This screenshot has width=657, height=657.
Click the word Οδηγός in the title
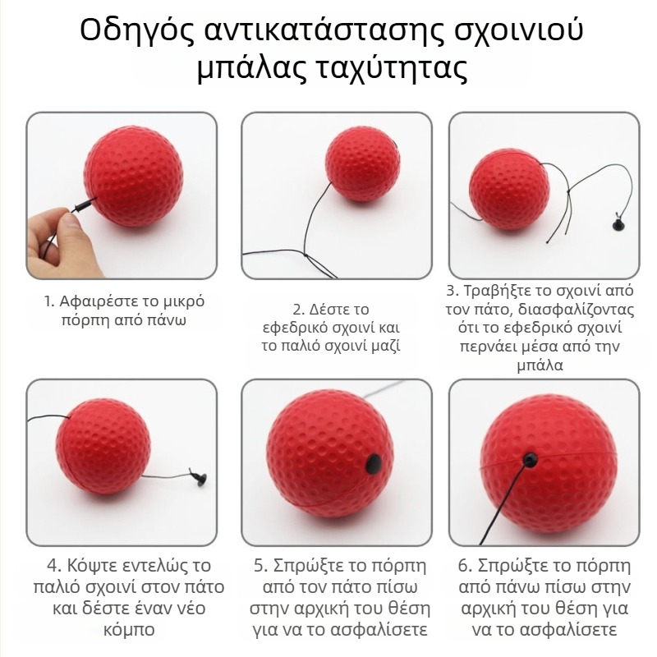pyautogui.click(x=137, y=30)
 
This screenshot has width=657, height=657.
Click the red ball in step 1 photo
pyautogui.click(x=134, y=176)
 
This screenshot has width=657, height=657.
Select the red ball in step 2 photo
pyautogui.click(x=362, y=163)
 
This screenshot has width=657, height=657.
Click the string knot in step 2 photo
pyautogui.click(x=306, y=255)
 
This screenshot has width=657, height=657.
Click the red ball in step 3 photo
pyautogui.click(x=509, y=190)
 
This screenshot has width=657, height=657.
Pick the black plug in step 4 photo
pyautogui.click(x=199, y=477)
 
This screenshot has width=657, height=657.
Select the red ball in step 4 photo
pyautogui.click(x=103, y=447)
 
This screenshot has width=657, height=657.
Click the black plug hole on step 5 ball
pyautogui.click(x=374, y=464)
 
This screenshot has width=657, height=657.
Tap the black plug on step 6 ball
pyautogui.click(x=530, y=460)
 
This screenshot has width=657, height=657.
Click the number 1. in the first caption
pyautogui.click(x=49, y=301)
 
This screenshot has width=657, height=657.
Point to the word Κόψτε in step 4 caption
pyautogui.click(x=93, y=566)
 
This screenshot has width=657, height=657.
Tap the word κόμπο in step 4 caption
pyautogui.click(x=129, y=629)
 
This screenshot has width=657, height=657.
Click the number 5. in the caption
pyautogui.click(x=260, y=566)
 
